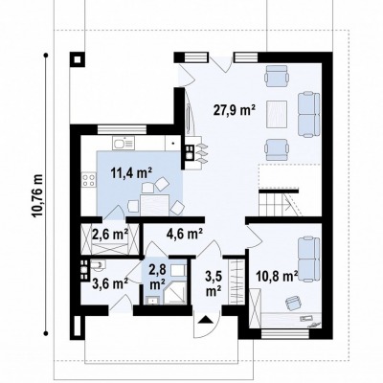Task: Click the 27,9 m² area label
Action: pos(234,110)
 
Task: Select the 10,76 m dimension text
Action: pos(38,195)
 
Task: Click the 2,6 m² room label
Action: pos(110,235)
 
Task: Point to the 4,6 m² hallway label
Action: pos(185,234)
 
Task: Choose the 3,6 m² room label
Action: pos(110,282)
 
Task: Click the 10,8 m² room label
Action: pos(277,276)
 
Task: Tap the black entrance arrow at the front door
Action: pos(205,320)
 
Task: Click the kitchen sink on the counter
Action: pos(124,143)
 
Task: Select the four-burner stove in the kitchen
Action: pos(88,180)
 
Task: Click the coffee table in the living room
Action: pos(277,114)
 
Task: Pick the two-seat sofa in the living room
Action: pos(308,114)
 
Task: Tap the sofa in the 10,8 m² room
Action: pos(308,259)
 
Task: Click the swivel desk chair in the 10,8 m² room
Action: pos(294,303)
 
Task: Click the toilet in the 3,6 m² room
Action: pos(98,265)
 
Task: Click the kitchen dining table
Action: pos(155,205)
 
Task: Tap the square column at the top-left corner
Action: pos(78,59)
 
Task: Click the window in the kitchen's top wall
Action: pos(122,129)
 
